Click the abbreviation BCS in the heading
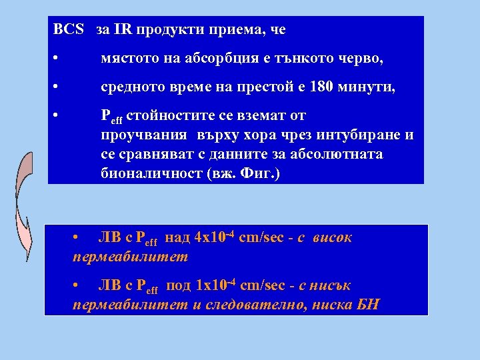click(x=69, y=30)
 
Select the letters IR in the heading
click(x=122, y=30)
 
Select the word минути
click(x=366, y=87)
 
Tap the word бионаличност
click(x=144, y=175)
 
